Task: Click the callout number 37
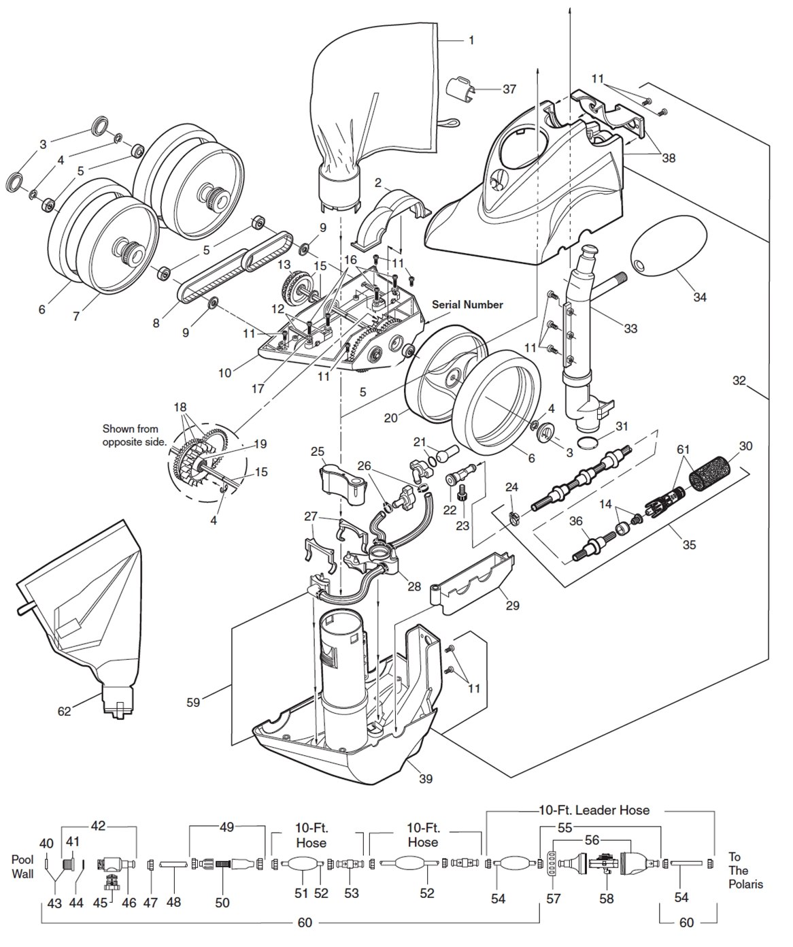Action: (509, 89)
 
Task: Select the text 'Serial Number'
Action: (467, 305)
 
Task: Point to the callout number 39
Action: (426, 778)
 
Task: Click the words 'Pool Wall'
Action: (22, 866)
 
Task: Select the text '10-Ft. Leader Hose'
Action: (594, 810)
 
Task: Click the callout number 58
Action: (606, 899)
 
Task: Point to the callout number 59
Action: (194, 702)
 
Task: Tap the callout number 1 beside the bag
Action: (471, 40)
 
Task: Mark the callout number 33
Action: (630, 328)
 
